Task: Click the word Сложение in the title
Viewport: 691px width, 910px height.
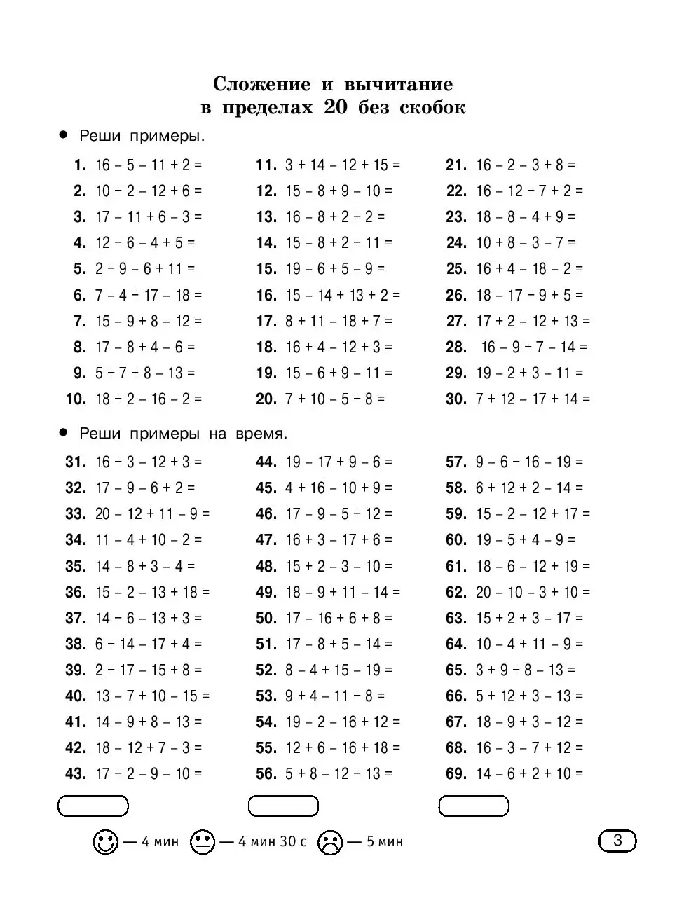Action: point(261,85)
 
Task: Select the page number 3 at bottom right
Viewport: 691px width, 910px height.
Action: point(617,840)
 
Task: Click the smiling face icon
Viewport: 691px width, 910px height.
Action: point(105,841)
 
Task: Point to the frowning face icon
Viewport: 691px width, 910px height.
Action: point(329,841)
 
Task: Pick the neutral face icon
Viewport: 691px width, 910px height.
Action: point(202,841)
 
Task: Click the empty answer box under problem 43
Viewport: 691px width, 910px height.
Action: point(93,806)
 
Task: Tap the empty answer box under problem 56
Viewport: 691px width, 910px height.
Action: point(283,806)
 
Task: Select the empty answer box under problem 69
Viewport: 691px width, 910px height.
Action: point(474,806)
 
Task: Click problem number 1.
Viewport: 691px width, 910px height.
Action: point(80,165)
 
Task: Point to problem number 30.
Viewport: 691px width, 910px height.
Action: point(456,399)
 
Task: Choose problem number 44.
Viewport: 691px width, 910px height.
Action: point(266,462)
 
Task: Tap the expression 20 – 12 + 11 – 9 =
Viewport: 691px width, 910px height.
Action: point(152,514)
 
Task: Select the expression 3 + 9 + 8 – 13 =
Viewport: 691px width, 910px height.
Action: point(526,670)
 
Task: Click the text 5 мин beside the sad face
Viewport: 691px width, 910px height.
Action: point(385,841)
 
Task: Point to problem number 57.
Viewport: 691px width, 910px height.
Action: point(456,462)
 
